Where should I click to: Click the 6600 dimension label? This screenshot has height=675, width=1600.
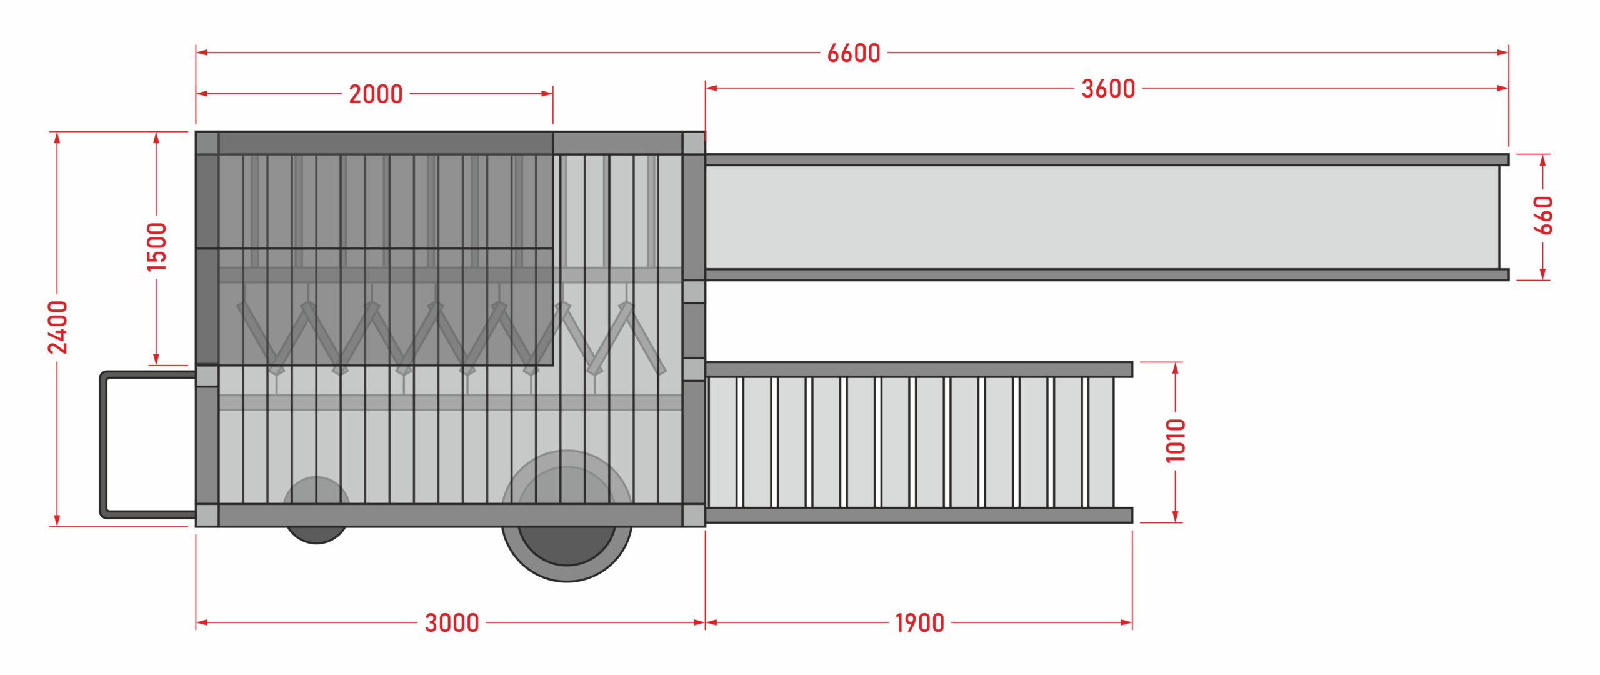pyautogui.click(x=854, y=53)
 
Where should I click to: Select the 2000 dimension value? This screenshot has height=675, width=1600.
pyautogui.click(x=376, y=94)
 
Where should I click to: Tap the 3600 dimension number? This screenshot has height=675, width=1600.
pyautogui.click(x=1108, y=89)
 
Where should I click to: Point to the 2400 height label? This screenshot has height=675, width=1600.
pyautogui.click(x=57, y=327)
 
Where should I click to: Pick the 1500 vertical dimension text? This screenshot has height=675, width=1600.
pyautogui.click(x=156, y=247)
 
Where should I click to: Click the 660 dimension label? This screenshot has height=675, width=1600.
pyautogui.click(x=1543, y=216)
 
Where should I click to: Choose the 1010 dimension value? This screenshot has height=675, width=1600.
pyautogui.click(x=1176, y=441)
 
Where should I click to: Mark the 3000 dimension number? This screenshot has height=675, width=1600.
pyautogui.click(x=452, y=623)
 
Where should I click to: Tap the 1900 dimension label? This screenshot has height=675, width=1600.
pyautogui.click(x=919, y=623)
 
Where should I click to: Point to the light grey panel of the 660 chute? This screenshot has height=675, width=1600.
pyautogui.click(x=1100, y=217)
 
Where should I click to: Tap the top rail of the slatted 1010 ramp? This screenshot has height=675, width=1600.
pyautogui.click(x=919, y=369)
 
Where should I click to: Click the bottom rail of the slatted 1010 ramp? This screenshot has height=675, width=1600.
pyautogui.click(x=919, y=515)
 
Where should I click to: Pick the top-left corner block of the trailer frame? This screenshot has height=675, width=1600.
pyautogui.click(x=207, y=143)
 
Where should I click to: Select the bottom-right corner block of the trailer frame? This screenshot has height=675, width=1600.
pyautogui.click(x=694, y=515)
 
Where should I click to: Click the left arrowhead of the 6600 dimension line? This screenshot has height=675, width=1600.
pyautogui.click(x=201, y=52)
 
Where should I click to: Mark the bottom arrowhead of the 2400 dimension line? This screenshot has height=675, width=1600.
pyautogui.click(x=57, y=521)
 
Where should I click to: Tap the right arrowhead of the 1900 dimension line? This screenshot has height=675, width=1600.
pyautogui.click(x=1126, y=622)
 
